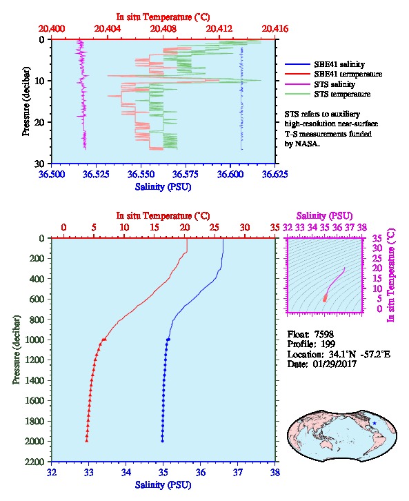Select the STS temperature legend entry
[328, 94]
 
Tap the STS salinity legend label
[335, 84]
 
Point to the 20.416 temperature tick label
[275, 29]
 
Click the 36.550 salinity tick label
[141, 174]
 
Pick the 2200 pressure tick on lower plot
[36, 462]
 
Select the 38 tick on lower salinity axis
[275, 472]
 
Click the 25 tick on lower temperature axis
[215, 228]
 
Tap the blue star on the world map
[375, 423]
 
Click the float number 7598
[324, 334]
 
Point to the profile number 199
[328, 344]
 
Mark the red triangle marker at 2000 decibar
[86, 440]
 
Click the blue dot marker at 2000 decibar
[162, 441]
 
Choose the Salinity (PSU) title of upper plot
[163, 186]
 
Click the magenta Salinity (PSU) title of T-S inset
[324, 216]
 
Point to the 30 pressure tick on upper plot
[39, 164]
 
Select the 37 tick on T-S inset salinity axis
[350, 228]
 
